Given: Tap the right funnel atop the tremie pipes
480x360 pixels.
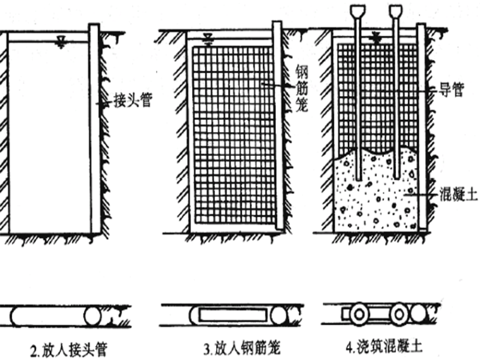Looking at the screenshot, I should [x=396, y=11].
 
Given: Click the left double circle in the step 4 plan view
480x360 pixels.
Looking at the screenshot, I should [x=362, y=314].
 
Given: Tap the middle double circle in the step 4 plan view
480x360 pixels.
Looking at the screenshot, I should [x=399, y=314].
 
